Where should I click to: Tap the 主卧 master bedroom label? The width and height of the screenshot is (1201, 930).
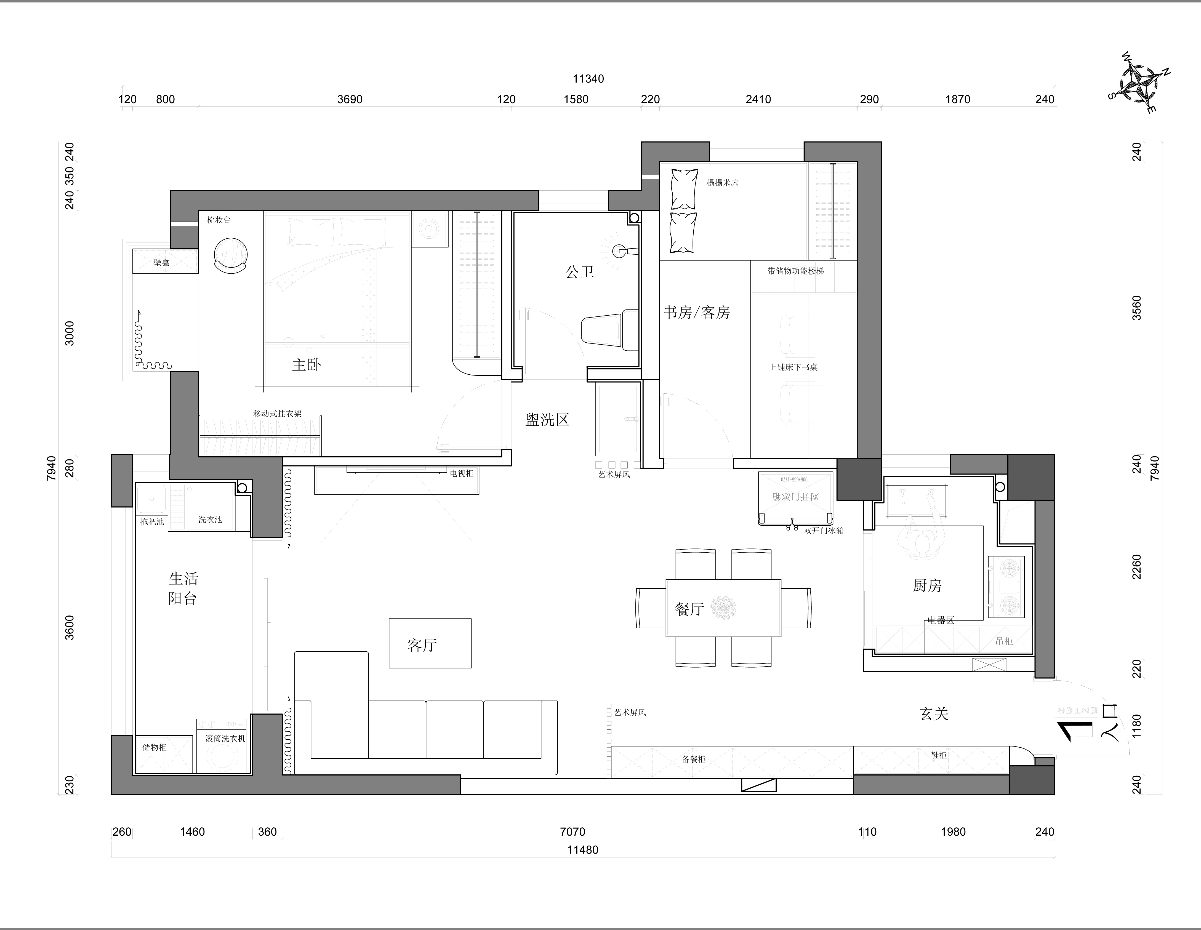coord(306,365)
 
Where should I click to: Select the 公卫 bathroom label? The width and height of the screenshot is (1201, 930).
coord(580,272)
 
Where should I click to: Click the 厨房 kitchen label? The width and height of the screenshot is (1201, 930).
coord(927,586)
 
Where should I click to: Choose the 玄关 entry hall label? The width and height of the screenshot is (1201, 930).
coord(934,714)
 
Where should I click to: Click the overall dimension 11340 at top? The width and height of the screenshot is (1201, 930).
coord(588,79)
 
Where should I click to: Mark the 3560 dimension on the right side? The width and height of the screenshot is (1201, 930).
coord(1136,308)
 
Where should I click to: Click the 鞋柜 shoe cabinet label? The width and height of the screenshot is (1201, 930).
coord(939,755)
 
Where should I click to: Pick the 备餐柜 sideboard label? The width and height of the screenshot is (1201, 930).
coord(693,760)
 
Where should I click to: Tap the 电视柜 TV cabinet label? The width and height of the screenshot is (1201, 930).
coord(461,473)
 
